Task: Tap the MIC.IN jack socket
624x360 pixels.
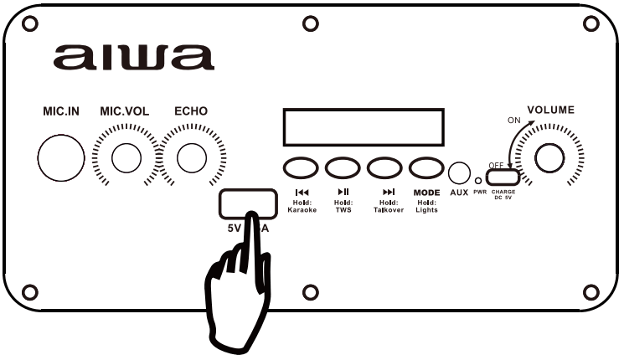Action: (61, 156)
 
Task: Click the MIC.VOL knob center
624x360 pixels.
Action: (126, 156)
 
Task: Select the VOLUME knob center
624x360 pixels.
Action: (551, 157)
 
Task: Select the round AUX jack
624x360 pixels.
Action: (458, 172)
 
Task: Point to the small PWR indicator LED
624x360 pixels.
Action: (479, 179)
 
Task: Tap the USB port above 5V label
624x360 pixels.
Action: (248, 203)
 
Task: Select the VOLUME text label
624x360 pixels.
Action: (551, 111)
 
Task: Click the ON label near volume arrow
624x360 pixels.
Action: (514, 121)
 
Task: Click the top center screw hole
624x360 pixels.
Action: (310, 23)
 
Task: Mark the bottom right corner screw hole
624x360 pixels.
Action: (590, 291)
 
